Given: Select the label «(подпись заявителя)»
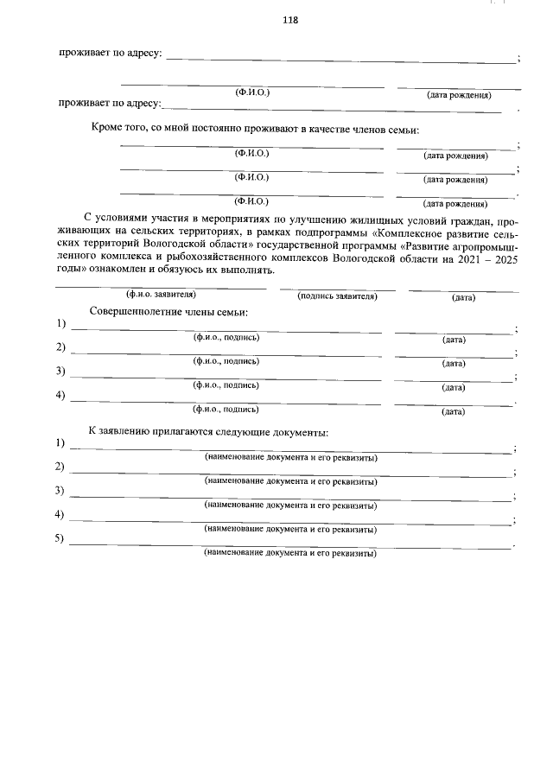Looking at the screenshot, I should coord(337,296).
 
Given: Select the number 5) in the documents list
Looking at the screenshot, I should coord(60,540).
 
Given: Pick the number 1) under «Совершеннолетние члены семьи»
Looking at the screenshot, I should coord(60,324).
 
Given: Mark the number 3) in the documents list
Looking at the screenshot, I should coord(60,492).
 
